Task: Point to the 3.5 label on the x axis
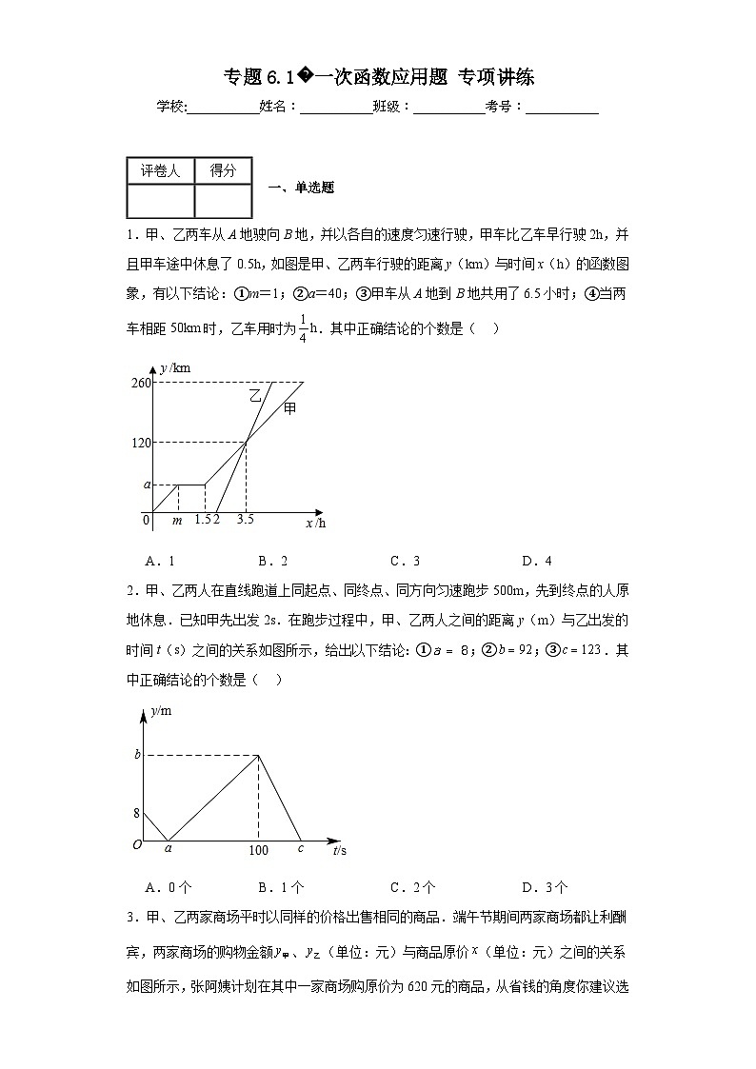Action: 245,520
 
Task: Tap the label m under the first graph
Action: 177,520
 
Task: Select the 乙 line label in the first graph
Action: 254,394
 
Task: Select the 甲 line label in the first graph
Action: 289,408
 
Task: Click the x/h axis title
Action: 315,523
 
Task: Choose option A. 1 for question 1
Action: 159,561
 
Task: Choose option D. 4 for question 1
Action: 537,561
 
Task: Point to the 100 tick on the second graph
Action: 258,850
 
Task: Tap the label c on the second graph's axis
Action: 300,848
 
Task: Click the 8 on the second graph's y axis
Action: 136,812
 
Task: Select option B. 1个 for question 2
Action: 281,887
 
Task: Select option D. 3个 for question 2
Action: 545,887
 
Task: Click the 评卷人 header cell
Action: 160,170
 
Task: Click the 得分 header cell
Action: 223,170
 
